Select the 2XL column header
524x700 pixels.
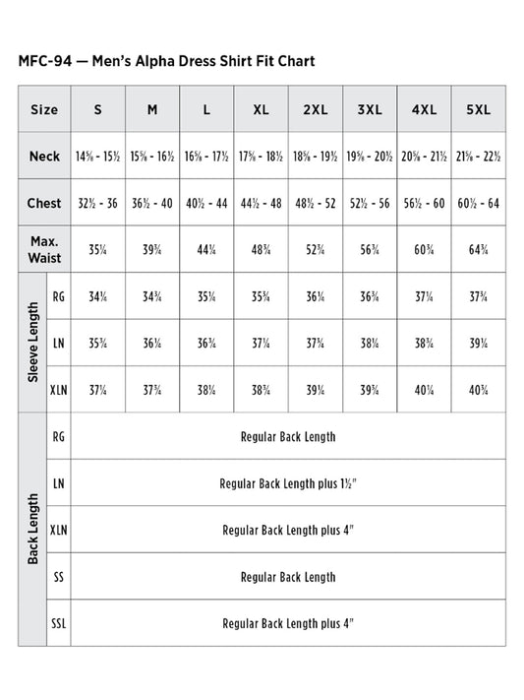(315, 109)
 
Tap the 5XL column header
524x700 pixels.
(478, 109)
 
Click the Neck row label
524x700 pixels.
(44, 157)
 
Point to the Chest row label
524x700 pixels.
(44, 203)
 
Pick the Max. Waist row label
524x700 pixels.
(44, 249)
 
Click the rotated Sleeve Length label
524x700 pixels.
(32, 342)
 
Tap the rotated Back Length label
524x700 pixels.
(32, 529)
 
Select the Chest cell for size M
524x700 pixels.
(152, 203)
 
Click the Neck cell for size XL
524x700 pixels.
(261, 157)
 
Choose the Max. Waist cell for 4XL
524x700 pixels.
(424, 249)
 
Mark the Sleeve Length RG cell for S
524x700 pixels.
(97, 296)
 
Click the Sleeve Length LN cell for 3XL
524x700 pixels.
(369, 343)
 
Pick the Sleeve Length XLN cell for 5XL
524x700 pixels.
(478, 389)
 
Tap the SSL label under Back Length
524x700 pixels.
(58, 623)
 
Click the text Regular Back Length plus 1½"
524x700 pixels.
(288, 483)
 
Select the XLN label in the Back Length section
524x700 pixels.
(58, 530)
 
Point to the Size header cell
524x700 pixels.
(44, 109)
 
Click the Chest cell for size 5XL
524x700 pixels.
(478, 203)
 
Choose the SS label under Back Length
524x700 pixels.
(58, 577)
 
